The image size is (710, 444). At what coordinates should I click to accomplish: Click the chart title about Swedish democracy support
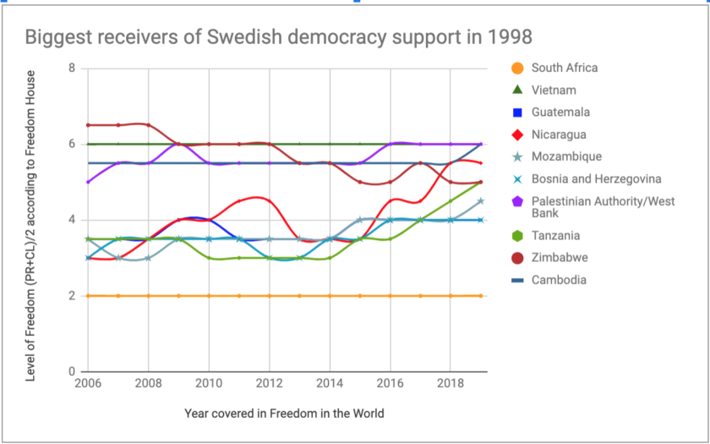[x=278, y=37]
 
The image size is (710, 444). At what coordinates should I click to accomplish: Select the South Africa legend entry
[x=565, y=68]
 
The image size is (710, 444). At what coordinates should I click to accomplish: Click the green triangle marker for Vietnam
[x=517, y=90]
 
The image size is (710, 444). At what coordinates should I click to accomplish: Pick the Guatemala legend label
[x=560, y=112]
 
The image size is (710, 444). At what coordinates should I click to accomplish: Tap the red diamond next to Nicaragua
[x=517, y=134]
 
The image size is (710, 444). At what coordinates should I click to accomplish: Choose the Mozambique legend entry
[x=566, y=156]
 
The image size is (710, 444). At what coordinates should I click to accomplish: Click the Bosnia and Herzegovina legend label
[x=596, y=178]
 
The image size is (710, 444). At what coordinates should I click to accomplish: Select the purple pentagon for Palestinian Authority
[x=517, y=201]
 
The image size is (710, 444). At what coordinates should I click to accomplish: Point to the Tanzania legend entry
[x=556, y=236]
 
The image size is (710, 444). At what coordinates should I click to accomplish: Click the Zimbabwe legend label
[x=559, y=258]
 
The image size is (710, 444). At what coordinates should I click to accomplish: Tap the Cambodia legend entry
[x=558, y=280]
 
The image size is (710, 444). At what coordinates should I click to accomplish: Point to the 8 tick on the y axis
[x=73, y=69]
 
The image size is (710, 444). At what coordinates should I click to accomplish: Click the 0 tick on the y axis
[x=73, y=371]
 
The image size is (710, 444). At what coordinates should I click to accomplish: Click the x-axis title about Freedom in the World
[x=284, y=414]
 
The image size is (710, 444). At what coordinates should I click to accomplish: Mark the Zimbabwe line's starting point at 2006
[x=89, y=125]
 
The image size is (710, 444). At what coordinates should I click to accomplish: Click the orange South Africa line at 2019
[x=480, y=296]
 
